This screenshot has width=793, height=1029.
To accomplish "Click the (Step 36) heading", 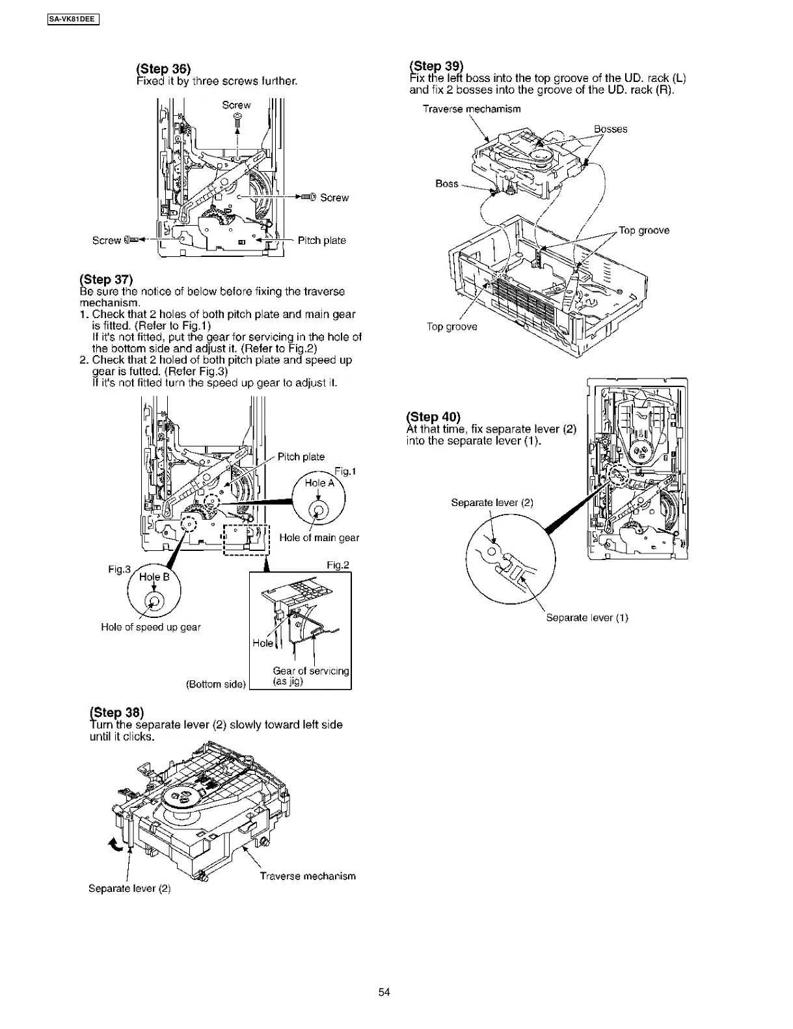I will point(163,69).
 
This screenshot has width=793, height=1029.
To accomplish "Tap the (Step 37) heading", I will point(106,280).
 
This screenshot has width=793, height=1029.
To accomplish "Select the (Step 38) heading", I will point(116,712).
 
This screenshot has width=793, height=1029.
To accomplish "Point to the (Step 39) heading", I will point(436,66).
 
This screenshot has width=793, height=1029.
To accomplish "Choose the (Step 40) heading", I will point(433,417).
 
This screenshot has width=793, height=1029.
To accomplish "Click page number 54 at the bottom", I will point(384,992).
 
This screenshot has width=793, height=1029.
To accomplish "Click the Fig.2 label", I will point(338,565).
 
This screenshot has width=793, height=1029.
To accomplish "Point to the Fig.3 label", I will point(119,570).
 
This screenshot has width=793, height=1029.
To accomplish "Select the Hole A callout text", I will point(319,483).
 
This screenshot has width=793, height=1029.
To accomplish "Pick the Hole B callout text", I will point(154,577).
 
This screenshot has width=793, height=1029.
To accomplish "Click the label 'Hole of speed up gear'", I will point(151,627).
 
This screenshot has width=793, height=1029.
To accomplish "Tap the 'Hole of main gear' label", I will point(319,537).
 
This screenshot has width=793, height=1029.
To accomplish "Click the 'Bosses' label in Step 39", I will point(610,129).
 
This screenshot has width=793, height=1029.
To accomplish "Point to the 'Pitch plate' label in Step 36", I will point(321,240).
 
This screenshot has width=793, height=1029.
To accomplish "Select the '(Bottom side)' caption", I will point(216,684).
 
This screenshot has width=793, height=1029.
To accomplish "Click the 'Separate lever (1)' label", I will point(587,617).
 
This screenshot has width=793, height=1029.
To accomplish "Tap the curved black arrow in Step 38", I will point(114,844).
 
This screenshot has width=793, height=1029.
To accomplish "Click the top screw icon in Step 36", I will point(237,118).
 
